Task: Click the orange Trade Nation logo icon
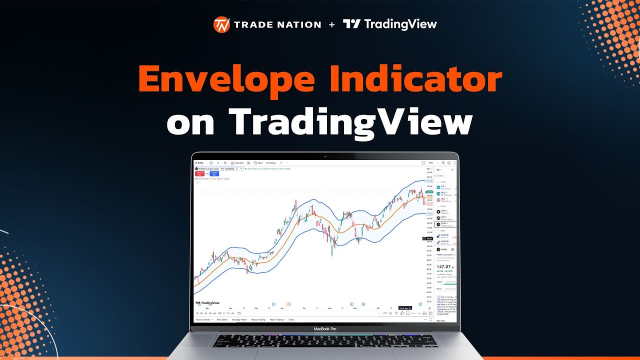[221, 24]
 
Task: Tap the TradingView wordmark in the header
[390, 24]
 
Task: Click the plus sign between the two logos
[332, 24]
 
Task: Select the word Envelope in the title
[226, 80]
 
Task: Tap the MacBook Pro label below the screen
[324, 329]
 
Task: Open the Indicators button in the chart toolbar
[238, 163]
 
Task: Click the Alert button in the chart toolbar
[258, 163]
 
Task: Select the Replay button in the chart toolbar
[270, 163]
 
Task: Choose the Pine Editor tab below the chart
[222, 319]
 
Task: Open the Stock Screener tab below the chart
[204, 319]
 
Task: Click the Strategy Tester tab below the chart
[239, 319]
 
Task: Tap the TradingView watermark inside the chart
[207, 303]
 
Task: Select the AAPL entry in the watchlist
[444, 211]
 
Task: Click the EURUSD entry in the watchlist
[444, 235]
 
